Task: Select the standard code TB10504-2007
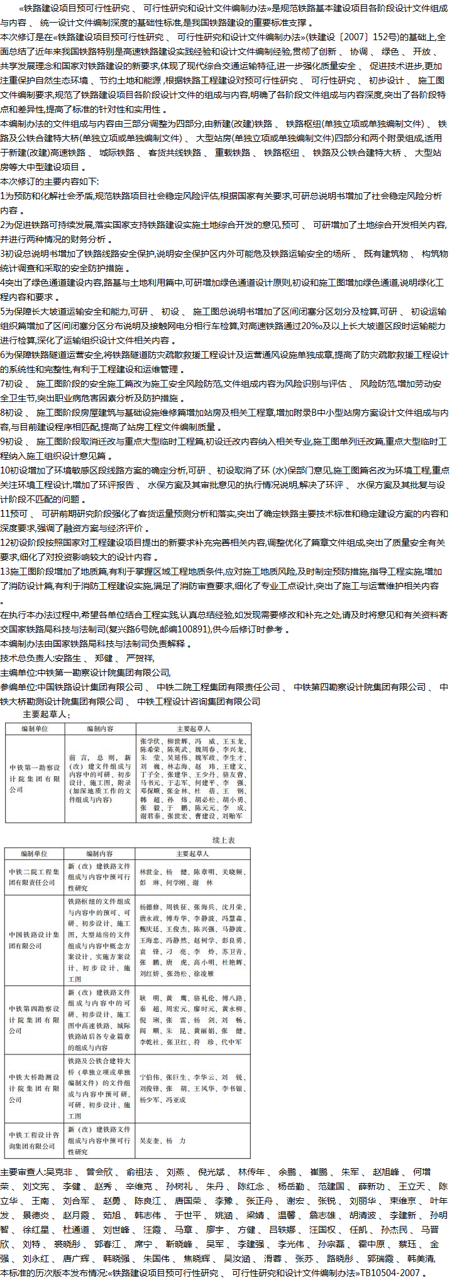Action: point(390,1272)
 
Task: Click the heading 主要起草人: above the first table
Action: point(47,714)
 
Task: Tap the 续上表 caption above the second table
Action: point(223,840)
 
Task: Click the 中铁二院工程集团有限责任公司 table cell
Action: point(35,877)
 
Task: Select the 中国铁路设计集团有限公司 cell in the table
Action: point(35,940)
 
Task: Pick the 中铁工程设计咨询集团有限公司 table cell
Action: point(35,1140)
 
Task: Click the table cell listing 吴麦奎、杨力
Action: point(162,1140)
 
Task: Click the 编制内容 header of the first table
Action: point(100,729)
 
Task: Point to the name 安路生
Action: point(67,658)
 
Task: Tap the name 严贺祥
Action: point(140,658)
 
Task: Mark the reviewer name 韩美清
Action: point(421,1258)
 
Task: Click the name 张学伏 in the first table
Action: point(150,742)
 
